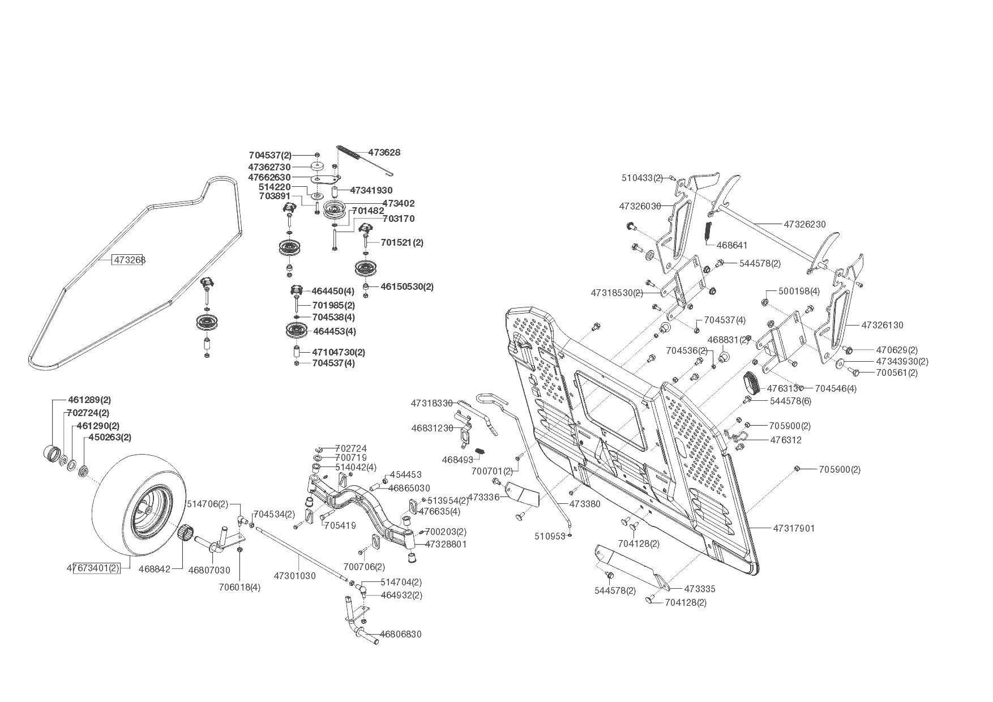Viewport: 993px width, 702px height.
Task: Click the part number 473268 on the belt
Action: (x=129, y=260)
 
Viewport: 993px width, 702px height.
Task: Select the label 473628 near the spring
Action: (x=384, y=152)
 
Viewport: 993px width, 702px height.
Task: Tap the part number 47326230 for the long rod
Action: (x=804, y=224)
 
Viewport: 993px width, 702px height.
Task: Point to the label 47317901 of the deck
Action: (x=794, y=528)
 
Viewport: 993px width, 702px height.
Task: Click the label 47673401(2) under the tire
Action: (x=93, y=568)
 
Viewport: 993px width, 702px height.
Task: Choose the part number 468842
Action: (x=154, y=570)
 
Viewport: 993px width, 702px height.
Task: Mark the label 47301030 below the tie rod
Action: (x=294, y=576)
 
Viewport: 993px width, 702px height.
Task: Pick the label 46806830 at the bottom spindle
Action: (x=400, y=634)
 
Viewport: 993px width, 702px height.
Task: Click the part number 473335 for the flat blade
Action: (x=699, y=589)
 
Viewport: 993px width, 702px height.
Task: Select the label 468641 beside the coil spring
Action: (x=731, y=245)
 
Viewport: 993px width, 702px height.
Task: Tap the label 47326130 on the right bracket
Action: (x=882, y=325)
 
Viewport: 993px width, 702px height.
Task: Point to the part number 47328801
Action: (x=446, y=544)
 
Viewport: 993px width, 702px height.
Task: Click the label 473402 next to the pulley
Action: (x=398, y=203)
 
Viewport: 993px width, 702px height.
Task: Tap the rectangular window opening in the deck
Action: (x=611, y=409)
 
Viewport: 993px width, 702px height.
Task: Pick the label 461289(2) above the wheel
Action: (x=93, y=400)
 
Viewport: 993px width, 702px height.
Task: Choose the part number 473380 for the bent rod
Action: (x=585, y=503)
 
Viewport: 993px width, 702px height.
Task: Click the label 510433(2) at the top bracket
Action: (x=642, y=178)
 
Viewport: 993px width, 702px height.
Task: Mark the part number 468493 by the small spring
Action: (x=457, y=460)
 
